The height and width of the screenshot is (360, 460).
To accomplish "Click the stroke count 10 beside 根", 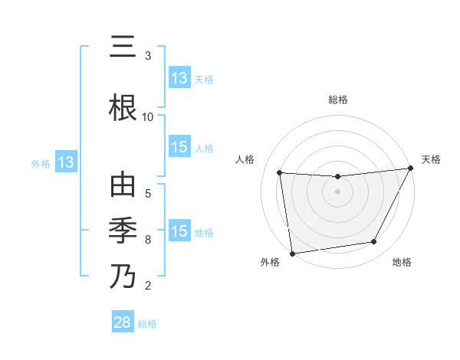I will (x=148, y=116).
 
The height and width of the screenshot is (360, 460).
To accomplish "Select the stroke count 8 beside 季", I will (x=148, y=239).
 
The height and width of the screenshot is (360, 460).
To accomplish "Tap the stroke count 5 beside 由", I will (x=148, y=193).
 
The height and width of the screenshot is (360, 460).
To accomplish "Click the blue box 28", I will (x=122, y=322).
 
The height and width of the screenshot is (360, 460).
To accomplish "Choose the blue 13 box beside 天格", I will (x=179, y=78).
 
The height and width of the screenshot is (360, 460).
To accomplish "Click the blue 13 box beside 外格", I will (x=66, y=162).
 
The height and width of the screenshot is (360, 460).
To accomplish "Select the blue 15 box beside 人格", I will (x=179, y=147).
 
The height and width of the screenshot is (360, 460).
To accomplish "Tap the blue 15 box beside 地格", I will (x=179, y=231).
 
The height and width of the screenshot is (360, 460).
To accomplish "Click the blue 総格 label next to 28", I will (x=147, y=324).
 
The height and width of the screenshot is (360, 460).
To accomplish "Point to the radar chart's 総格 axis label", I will (x=338, y=100).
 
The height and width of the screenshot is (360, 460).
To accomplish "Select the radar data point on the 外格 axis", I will (x=292, y=253).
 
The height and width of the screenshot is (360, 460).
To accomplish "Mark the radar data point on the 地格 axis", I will (x=374, y=242).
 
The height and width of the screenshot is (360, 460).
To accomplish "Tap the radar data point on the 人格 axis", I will (x=279, y=172).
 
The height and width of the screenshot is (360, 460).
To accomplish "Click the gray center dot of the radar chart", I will (x=337, y=191).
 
